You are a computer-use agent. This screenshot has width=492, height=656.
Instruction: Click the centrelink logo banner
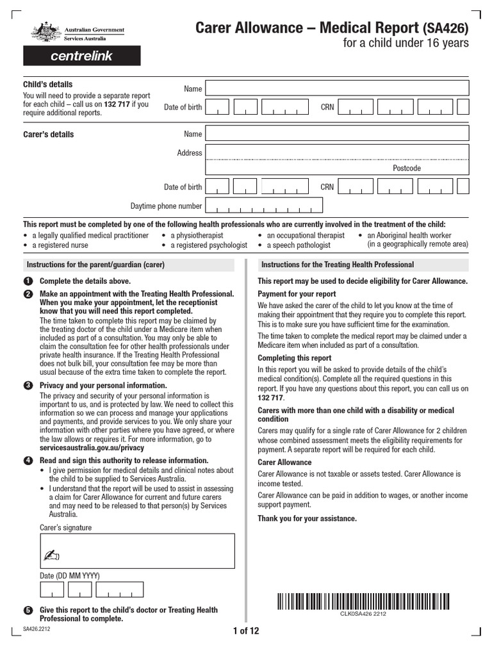pos(81,56)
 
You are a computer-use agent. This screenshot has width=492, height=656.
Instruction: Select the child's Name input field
pos(336,88)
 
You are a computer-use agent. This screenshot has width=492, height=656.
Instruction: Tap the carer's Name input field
pos(336,134)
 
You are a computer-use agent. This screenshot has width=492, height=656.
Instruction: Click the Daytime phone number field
pos(264,206)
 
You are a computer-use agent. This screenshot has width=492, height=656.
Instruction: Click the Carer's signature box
pos(136,550)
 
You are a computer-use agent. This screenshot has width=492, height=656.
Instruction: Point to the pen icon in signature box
pos(51,555)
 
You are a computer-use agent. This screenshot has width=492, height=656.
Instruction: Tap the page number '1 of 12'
pos(246,631)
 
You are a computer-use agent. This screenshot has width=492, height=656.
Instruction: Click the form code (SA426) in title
pos(445,28)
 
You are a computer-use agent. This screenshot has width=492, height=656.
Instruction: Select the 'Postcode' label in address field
pos(407,168)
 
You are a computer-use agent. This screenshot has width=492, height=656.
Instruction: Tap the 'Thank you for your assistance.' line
pos(307,518)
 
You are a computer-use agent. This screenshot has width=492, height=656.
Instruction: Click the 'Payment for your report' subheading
pos(297,294)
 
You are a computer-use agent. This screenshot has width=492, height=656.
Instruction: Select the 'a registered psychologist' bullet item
pos(208,245)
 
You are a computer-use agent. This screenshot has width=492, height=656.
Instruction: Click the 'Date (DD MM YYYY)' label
pos(70,575)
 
